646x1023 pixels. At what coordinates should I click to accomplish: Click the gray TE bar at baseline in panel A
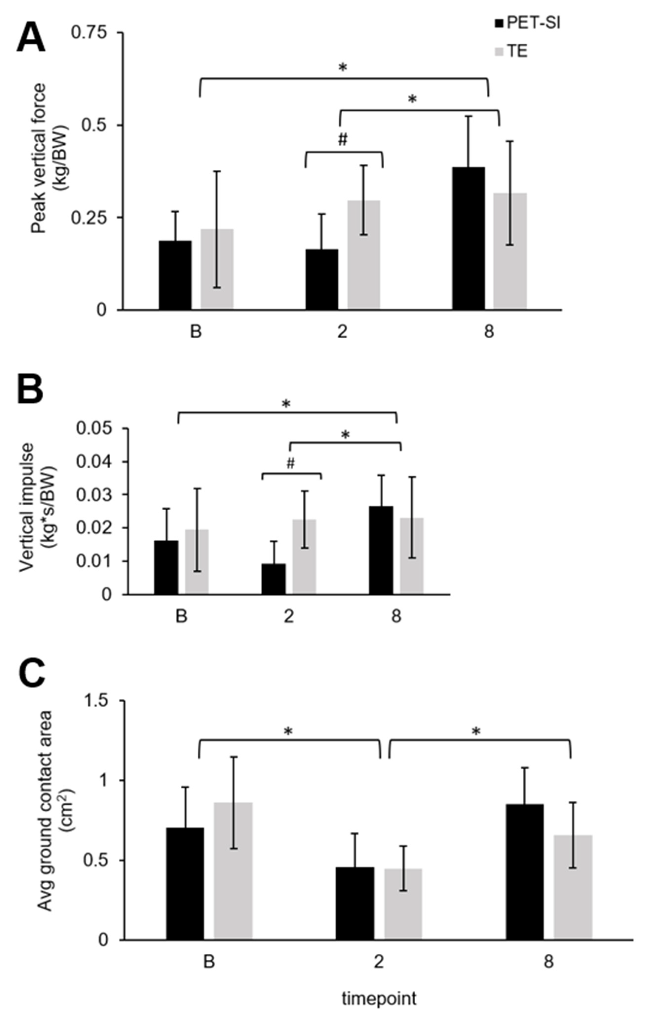(x=217, y=269)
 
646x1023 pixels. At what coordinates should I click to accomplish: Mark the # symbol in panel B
(x=291, y=464)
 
